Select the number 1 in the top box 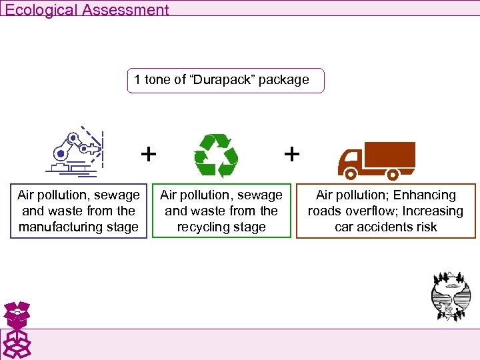click(137, 80)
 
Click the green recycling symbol click(216, 155)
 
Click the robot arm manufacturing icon click(78, 152)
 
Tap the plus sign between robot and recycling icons click(149, 154)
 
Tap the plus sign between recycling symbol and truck click(291, 154)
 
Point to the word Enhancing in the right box click(424, 195)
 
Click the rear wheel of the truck click(393, 175)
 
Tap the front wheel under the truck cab click(349, 175)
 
